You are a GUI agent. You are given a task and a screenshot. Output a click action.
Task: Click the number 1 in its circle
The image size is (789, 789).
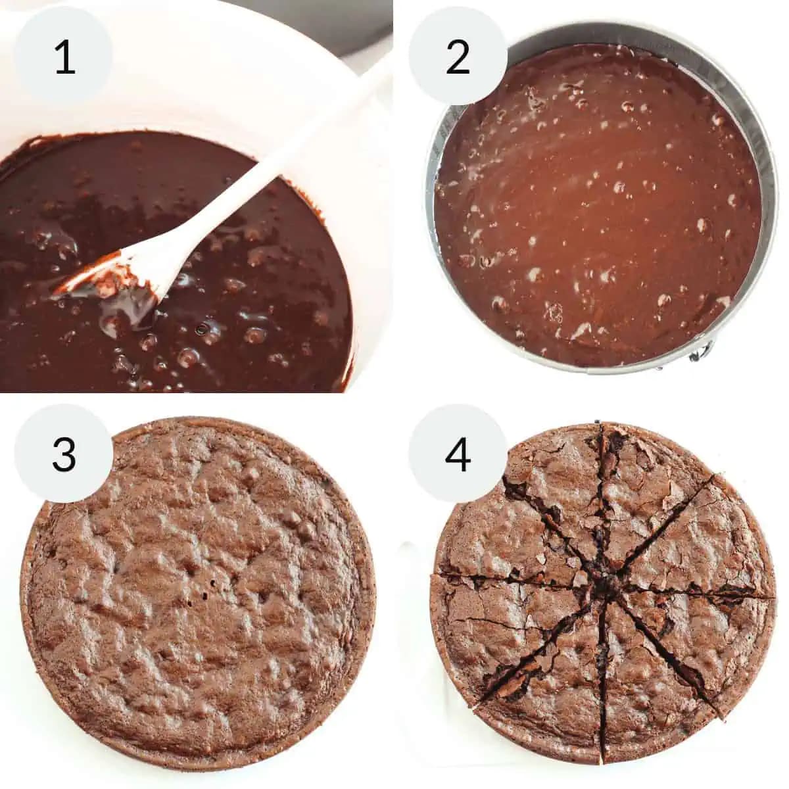(x=64, y=57)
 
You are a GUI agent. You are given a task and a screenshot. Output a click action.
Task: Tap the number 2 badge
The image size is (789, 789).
(x=458, y=57)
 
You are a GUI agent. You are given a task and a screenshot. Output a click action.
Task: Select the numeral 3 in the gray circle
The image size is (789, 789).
(x=64, y=454)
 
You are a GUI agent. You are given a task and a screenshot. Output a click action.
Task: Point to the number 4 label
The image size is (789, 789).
(x=458, y=454)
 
